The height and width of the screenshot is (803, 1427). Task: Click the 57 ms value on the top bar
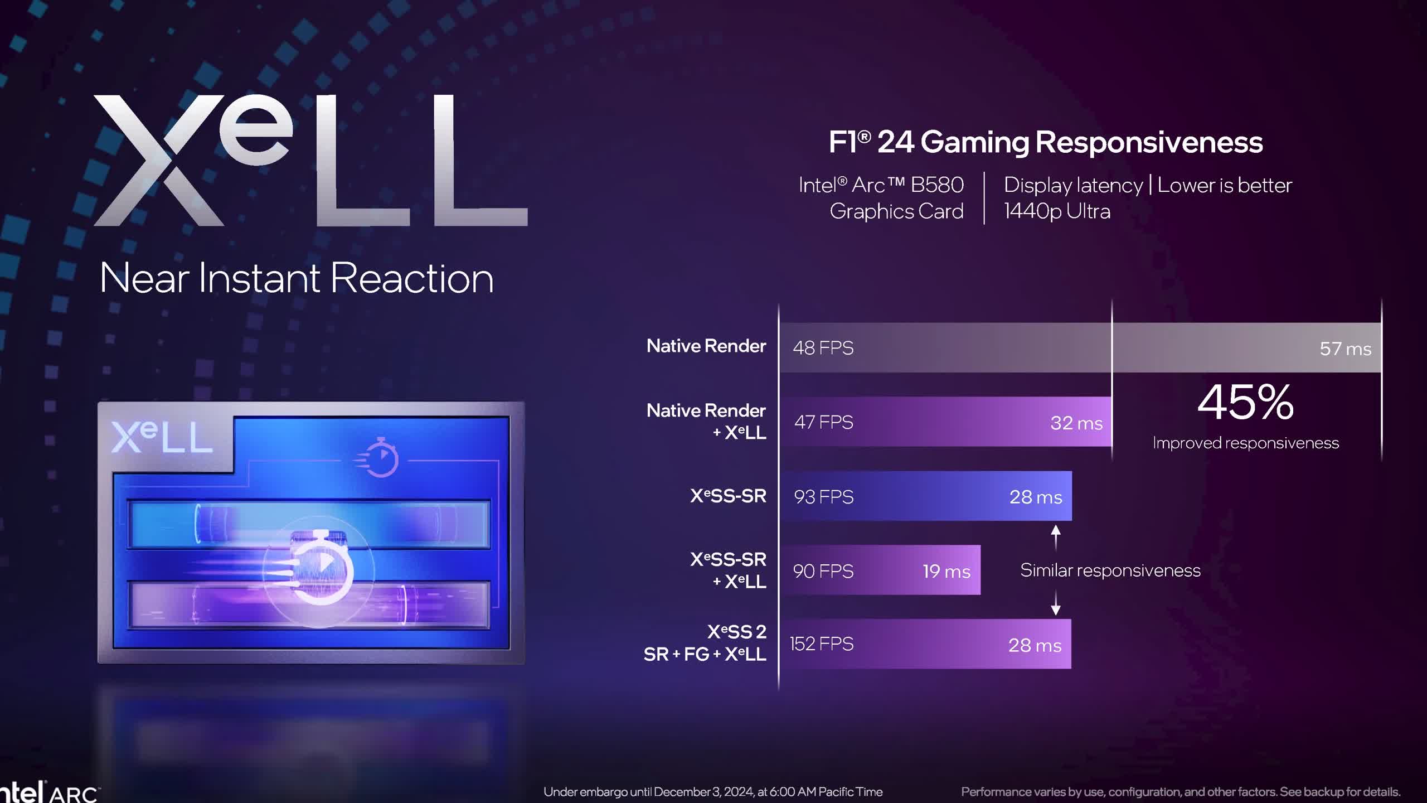(x=1345, y=349)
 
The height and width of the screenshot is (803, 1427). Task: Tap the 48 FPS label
(x=823, y=348)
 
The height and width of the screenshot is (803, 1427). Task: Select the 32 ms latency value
(x=1076, y=423)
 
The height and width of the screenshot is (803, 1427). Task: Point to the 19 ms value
(x=947, y=571)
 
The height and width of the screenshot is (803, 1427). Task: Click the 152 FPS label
(x=822, y=644)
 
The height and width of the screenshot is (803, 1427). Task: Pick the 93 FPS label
(x=823, y=497)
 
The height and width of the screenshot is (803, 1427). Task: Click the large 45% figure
(x=1245, y=402)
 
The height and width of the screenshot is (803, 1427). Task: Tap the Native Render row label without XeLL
(x=706, y=346)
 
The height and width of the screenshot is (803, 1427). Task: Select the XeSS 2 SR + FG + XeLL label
(x=705, y=643)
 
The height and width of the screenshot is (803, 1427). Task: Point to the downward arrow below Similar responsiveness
(x=1055, y=604)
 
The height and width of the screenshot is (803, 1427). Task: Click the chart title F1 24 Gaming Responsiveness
(x=1045, y=142)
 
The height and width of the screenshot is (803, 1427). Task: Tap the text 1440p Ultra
(x=1057, y=211)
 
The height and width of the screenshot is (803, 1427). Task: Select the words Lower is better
(x=1225, y=185)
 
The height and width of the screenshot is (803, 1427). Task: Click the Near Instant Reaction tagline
(x=297, y=278)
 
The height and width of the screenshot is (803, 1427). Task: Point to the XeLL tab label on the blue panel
(x=162, y=437)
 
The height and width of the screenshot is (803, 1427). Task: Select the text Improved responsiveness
(x=1245, y=443)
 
